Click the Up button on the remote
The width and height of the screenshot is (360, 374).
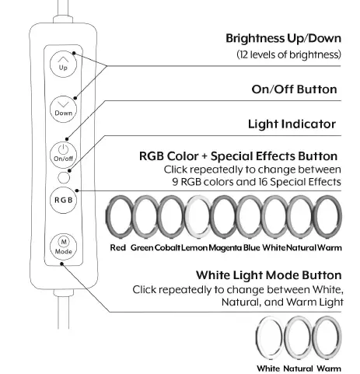click(63, 63)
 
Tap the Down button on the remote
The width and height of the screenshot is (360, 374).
click(63, 109)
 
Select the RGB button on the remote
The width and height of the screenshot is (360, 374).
click(63, 199)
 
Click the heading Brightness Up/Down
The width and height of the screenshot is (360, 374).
click(283, 38)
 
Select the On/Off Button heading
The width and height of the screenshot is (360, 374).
click(294, 89)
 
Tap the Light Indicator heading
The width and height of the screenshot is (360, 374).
click(292, 124)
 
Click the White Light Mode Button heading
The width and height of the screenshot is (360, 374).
click(268, 275)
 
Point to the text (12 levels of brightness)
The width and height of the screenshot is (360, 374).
click(288, 55)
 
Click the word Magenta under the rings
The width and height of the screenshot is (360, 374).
click(224, 247)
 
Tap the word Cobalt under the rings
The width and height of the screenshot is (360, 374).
click(167, 247)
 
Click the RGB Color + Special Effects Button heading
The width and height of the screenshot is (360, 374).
click(238, 156)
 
